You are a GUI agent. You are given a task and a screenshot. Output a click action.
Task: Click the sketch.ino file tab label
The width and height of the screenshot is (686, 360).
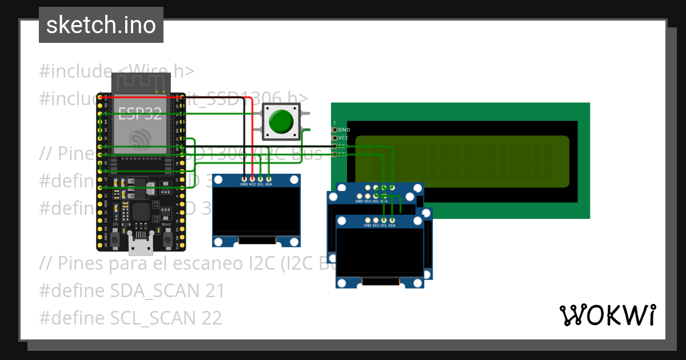click(101, 25)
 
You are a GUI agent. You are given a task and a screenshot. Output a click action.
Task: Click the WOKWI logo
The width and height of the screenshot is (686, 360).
click(607, 315)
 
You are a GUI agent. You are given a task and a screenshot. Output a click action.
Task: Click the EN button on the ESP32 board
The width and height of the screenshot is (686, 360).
click(115, 240)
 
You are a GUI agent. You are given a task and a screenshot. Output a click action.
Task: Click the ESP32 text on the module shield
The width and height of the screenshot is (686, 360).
click(140, 113)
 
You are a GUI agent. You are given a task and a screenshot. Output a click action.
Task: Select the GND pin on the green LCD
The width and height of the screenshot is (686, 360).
click(336, 130)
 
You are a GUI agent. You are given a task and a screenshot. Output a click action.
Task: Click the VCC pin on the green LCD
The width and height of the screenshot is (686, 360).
click(336, 138)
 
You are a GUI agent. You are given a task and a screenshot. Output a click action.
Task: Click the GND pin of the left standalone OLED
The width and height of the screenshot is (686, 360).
click(244, 179)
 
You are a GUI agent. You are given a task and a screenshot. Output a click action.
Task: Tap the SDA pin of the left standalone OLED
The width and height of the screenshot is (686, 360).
click(268, 179)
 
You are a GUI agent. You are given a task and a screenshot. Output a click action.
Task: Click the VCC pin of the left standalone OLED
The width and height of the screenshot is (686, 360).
click(252, 179)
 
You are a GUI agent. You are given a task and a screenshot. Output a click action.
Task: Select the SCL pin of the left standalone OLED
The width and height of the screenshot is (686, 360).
click(260, 179)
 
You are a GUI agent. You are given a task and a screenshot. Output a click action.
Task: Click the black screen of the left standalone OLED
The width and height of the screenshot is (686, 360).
click(256, 211)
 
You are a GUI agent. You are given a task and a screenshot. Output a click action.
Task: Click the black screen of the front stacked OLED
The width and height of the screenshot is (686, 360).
click(380, 251)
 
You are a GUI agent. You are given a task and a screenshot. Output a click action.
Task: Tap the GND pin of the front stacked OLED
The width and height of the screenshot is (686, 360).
click(368, 220)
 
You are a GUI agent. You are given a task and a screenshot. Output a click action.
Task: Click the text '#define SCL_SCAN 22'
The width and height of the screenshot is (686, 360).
click(130, 318)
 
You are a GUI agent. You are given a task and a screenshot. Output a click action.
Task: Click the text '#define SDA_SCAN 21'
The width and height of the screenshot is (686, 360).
click(131, 291)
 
